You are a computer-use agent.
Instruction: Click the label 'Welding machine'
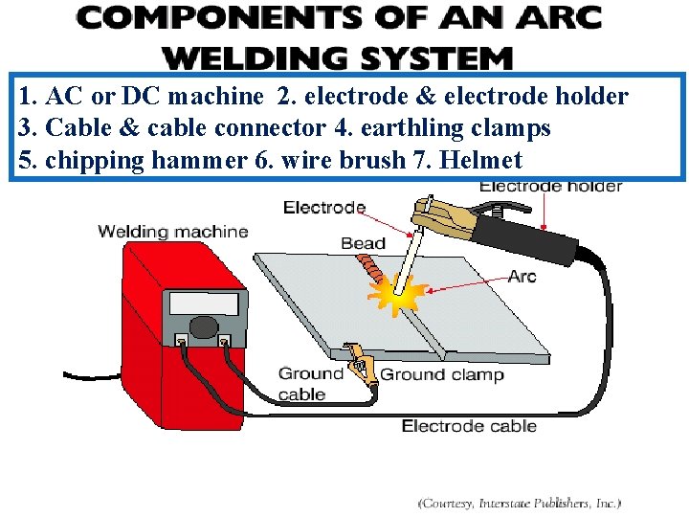point(173,232)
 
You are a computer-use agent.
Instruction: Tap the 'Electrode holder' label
point(550,186)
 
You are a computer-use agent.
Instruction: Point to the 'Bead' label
point(363,243)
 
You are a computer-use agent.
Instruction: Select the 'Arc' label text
point(522,277)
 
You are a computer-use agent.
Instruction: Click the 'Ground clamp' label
point(442,374)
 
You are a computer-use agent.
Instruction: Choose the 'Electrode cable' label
point(469,426)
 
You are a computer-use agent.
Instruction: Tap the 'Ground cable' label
point(310,383)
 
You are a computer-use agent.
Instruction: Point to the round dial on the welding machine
point(203,327)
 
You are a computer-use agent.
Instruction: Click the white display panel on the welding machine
point(204,304)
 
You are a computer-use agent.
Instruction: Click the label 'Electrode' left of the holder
point(324,207)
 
